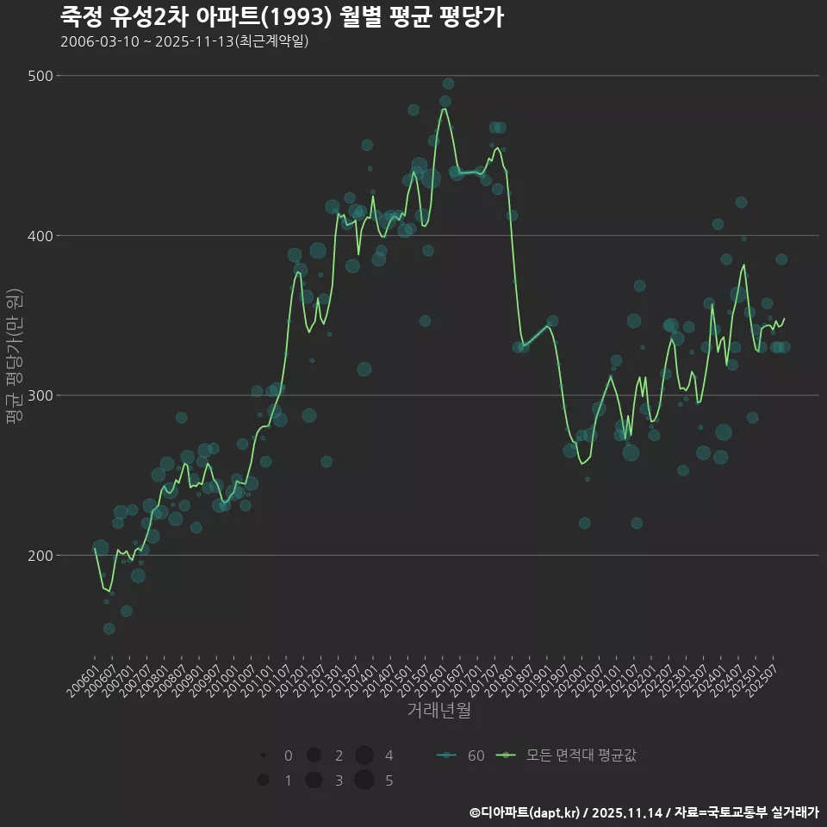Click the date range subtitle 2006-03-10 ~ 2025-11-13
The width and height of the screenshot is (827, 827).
184,41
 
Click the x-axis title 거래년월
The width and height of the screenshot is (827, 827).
438,711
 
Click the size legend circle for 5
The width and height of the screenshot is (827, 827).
364,780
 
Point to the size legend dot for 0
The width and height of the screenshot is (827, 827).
263,755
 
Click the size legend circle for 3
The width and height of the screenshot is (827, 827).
314,780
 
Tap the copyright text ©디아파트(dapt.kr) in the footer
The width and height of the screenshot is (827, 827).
525,812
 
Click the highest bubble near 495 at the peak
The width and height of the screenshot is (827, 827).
448,84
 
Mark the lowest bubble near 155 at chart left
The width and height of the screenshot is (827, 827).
109,629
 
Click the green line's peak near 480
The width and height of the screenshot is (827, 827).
445,109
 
